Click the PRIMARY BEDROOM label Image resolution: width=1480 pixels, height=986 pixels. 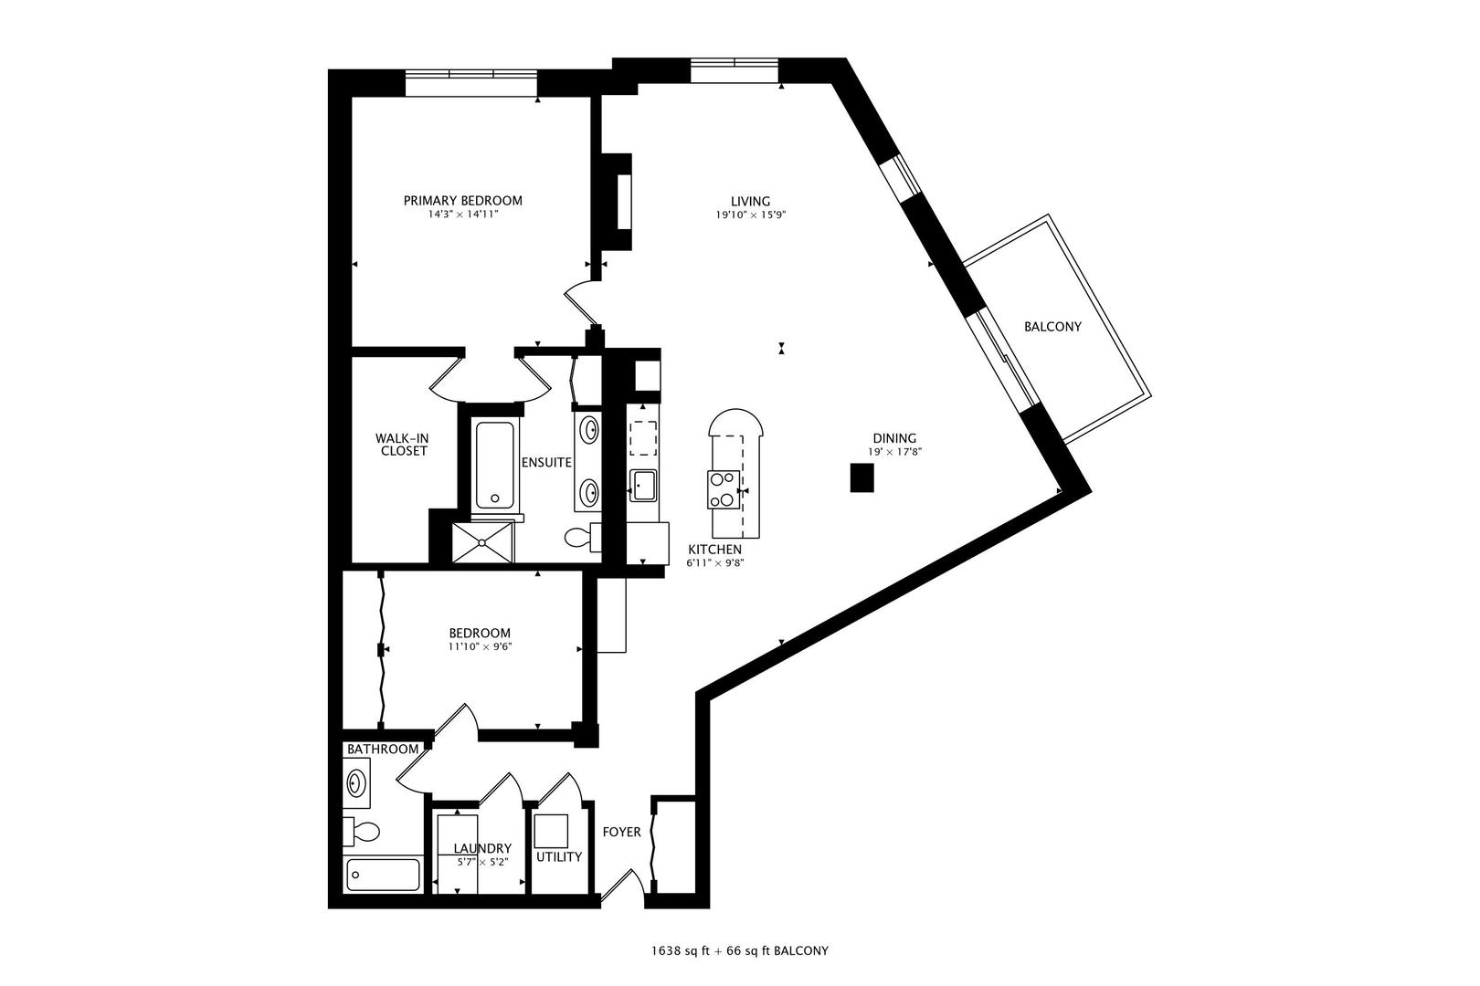pos(463,201)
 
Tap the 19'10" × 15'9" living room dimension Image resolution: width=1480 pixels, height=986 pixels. pos(750,215)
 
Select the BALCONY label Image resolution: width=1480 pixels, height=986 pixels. pos(1052,326)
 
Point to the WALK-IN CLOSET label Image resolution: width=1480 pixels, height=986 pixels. pos(404,445)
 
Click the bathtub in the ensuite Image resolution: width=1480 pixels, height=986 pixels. pos(495,464)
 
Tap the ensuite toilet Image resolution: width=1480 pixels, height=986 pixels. pos(581,537)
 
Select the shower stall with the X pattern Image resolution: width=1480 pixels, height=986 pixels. pos(483,542)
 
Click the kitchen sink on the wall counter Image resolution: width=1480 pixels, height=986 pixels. pos(644,485)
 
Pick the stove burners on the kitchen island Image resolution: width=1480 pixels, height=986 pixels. pos(723,488)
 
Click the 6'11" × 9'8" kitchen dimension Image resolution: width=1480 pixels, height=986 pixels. pos(715,563)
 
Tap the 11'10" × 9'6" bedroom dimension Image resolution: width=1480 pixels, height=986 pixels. pos(479,646)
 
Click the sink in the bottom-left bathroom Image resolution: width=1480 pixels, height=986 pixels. pos(356,782)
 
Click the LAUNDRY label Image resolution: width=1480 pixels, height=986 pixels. pos(481,848)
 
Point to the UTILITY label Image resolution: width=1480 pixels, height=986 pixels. pos(559,857)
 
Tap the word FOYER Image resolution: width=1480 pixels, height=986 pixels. pos(621,833)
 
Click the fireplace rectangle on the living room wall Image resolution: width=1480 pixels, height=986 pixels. pos(624,201)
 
